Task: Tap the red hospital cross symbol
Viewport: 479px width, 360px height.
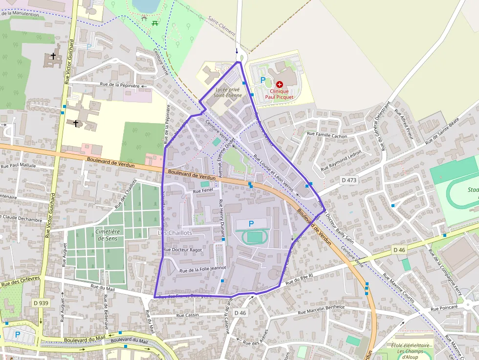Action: [x=280, y=85]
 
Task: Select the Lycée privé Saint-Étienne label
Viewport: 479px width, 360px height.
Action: [x=228, y=92]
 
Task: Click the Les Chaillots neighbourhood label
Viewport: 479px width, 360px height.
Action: [x=175, y=233]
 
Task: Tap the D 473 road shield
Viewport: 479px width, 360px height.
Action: [x=349, y=180]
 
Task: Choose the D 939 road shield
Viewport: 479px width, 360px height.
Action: [x=41, y=303]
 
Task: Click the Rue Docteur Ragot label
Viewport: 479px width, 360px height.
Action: [x=182, y=250]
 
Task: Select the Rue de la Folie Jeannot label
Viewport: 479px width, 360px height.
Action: [x=203, y=269]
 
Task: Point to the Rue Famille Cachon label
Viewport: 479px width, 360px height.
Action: [x=327, y=136]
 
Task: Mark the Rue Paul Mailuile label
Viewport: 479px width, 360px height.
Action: [x=19, y=165]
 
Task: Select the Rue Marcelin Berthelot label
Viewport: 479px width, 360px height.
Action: [x=321, y=309]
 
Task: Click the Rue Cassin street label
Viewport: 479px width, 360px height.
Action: [x=188, y=316]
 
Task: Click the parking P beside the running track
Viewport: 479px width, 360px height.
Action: [x=251, y=224]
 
